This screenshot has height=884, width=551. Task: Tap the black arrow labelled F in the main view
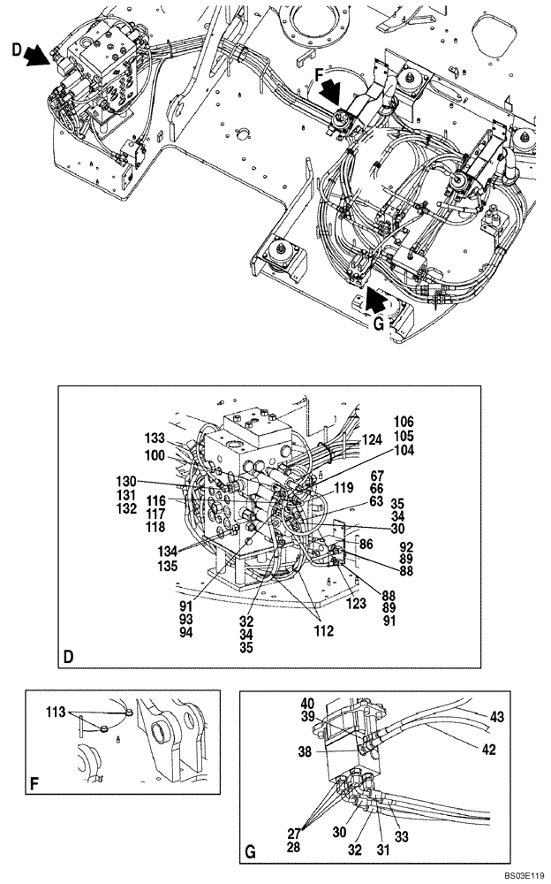(x=334, y=89)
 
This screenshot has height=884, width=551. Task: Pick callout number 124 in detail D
(x=372, y=439)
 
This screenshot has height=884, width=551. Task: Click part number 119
(x=343, y=486)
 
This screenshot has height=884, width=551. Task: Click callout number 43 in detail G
(x=497, y=717)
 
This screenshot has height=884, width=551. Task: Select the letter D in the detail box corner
(x=70, y=657)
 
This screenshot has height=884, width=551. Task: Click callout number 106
(x=404, y=423)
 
